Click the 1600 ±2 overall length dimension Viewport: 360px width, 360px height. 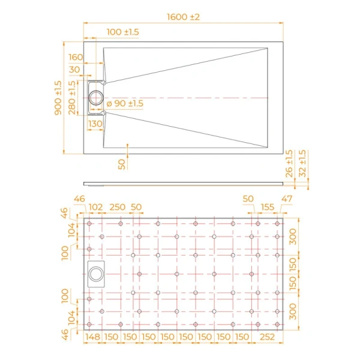click(x=183, y=17)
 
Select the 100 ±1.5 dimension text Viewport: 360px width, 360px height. click(x=123, y=31)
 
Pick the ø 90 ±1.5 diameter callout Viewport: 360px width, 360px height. click(x=125, y=104)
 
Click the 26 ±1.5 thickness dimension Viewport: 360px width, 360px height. click(x=289, y=164)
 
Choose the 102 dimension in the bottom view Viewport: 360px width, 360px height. click(x=95, y=207)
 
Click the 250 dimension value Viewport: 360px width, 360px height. click(x=118, y=207)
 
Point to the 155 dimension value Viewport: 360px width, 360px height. click(x=267, y=207)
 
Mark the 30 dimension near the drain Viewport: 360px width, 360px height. click(x=75, y=70)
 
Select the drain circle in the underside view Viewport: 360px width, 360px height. click(x=96, y=274)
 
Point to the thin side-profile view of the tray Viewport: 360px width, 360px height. click(x=183, y=182)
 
